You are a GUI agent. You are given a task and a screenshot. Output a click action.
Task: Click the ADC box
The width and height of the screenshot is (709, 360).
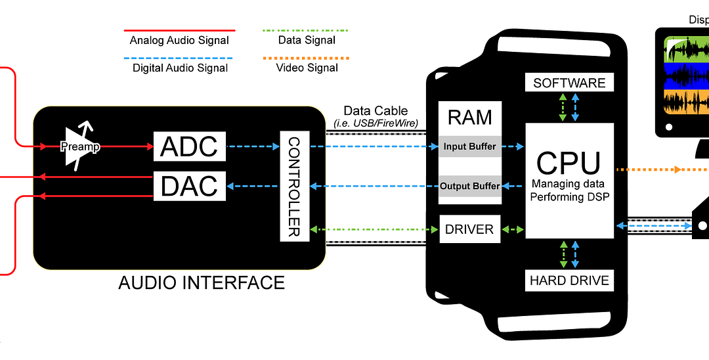coord(189,146)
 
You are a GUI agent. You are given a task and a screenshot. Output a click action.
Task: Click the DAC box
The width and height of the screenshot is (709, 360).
coord(189,186)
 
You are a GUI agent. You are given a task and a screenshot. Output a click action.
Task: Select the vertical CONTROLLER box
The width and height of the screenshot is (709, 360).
coord(294,187)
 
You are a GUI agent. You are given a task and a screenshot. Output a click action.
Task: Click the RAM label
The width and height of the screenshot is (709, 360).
coord(469,117)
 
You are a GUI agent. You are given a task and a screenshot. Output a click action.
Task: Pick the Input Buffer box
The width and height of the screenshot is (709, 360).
coord(469,146)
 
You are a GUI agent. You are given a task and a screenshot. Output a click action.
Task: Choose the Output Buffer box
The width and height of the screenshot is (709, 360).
coord(469,186)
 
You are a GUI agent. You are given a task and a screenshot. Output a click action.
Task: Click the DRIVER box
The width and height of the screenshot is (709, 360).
coord(469,229)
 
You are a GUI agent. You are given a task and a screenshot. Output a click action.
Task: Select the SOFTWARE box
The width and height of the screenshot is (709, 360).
coord(569,83)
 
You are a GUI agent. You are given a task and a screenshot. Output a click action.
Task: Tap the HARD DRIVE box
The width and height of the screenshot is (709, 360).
coord(569,281)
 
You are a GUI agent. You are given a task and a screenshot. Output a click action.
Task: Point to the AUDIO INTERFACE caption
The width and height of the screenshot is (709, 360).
coord(202,283)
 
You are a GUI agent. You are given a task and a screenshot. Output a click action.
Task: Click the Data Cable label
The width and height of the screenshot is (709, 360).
coord(376,111)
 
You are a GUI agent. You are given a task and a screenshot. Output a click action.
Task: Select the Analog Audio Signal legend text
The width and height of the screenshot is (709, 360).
coord(179,40)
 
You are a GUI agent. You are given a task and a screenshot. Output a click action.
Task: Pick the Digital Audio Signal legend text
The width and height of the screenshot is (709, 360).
coord(180,68)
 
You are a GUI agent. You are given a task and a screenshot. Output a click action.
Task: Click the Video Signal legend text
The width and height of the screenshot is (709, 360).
coord(307,68)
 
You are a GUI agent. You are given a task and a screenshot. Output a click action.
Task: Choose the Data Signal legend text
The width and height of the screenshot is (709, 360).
coord(307,40)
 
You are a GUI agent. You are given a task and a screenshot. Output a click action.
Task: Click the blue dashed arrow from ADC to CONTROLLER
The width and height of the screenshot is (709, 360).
coord(253,146)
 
